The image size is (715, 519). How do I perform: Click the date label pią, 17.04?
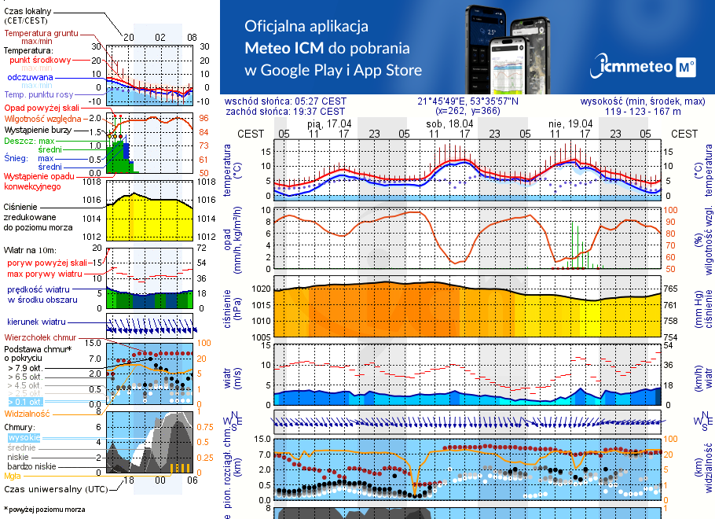[x=329, y=123]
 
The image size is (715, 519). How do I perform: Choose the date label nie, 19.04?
[x=570, y=123]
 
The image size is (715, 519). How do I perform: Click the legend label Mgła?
[x=13, y=476]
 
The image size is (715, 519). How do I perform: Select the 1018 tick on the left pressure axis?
[x=92, y=182]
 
